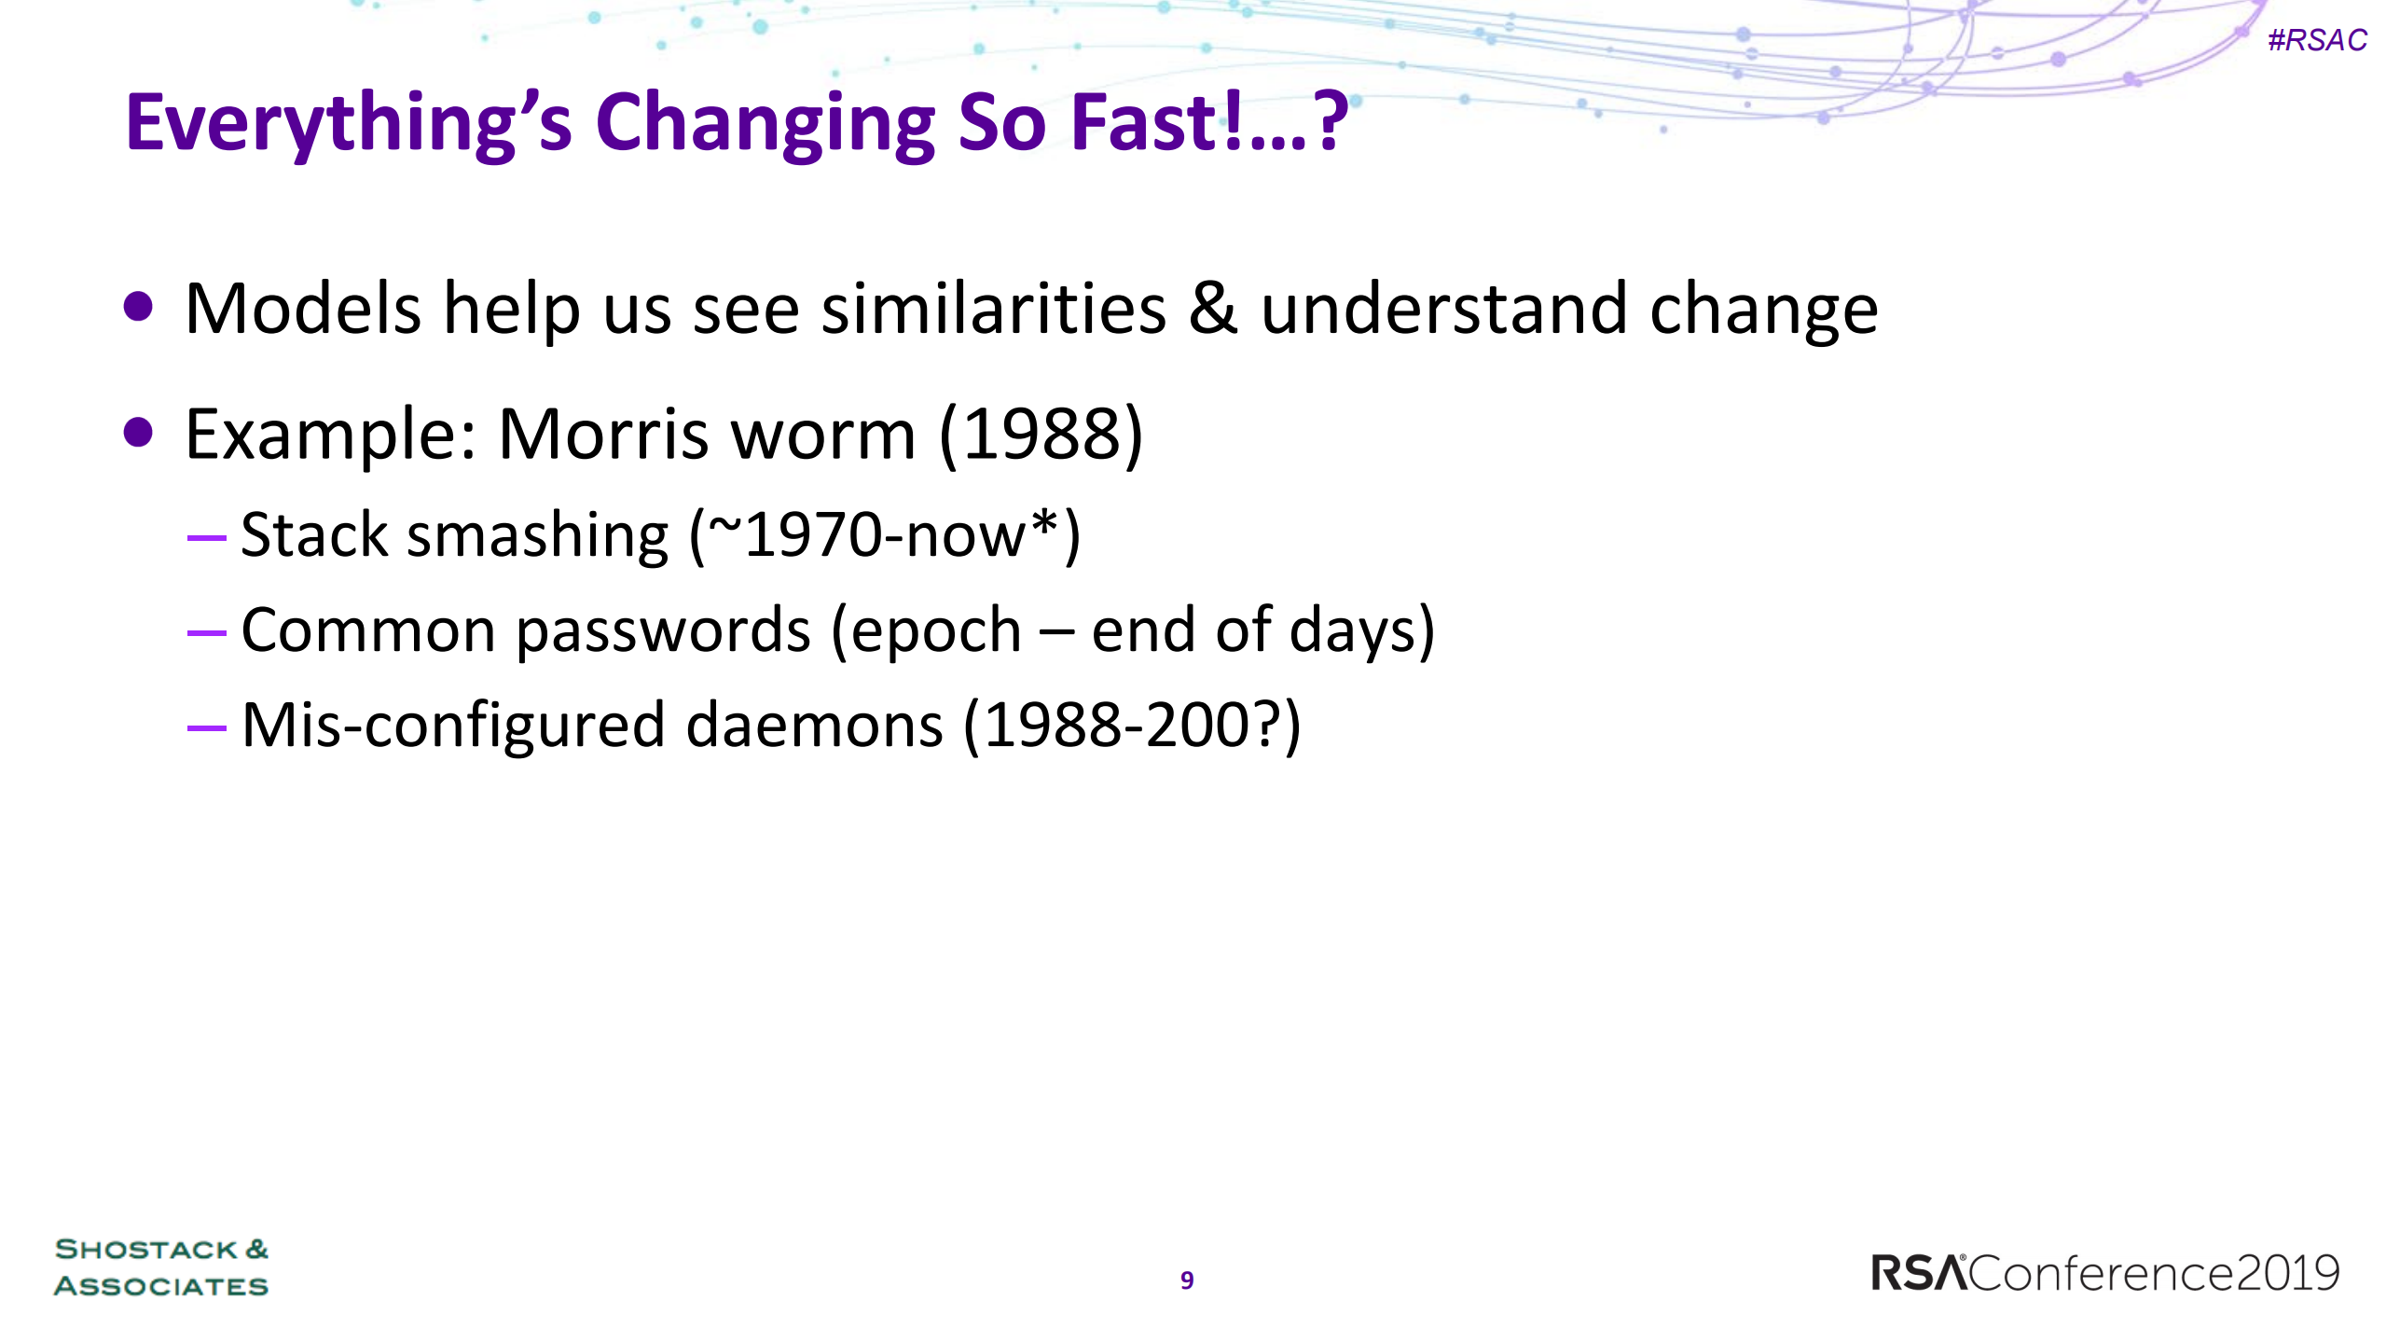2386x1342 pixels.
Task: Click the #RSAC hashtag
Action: [x=2317, y=40]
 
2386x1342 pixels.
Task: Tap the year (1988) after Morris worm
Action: [x=1041, y=435]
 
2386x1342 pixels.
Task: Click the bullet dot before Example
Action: [x=138, y=432]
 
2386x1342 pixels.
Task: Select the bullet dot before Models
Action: [x=138, y=307]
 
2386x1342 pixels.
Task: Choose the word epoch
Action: [x=936, y=632]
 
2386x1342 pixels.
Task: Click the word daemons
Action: [x=815, y=726]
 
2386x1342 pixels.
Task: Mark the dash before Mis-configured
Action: [x=206, y=726]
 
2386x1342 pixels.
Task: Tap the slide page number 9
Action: [x=1187, y=1280]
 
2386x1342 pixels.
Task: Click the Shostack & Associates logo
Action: [x=161, y=1266]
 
